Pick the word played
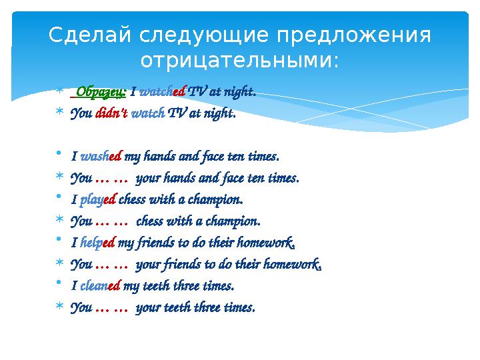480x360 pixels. (98, 199)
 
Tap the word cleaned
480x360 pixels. (100, 286)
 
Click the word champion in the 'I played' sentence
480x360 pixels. (219, 199)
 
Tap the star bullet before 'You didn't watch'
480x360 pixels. (59, 113)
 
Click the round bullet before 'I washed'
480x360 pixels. (59, 156)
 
